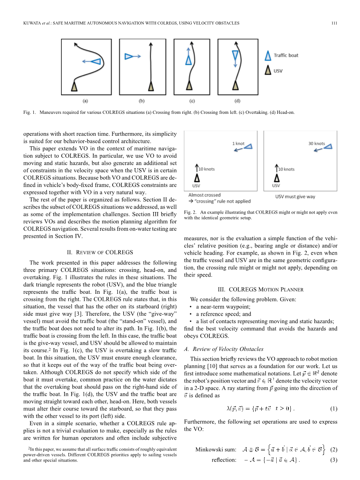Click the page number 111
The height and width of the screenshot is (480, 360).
[x=334, y=23]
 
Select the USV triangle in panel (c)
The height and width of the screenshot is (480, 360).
[x=189, y=85]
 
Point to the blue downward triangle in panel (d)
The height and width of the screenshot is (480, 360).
[x=235, y=55]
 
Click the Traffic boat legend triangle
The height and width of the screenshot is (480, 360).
[x=268, y=56]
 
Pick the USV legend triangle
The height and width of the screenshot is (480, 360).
[x=268, y=71]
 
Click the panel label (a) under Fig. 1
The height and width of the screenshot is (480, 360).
[x=85, y=101]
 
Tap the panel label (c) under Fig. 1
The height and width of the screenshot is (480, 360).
[x=192, y=101]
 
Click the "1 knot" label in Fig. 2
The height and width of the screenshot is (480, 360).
[x=238, y=144]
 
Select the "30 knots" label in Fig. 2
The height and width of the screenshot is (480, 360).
[x=317, y=144]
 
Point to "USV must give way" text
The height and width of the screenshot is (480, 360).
[x=295, y=196]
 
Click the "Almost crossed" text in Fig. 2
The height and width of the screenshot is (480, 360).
[x=204, y=195]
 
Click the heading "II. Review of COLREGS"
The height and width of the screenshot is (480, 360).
[x=100, y=252]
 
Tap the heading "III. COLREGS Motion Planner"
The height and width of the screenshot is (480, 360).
[x=260, y=289]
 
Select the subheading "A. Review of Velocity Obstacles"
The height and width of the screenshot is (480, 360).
[x=223, y=349]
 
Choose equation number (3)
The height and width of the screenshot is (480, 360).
[x=333, y=460]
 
